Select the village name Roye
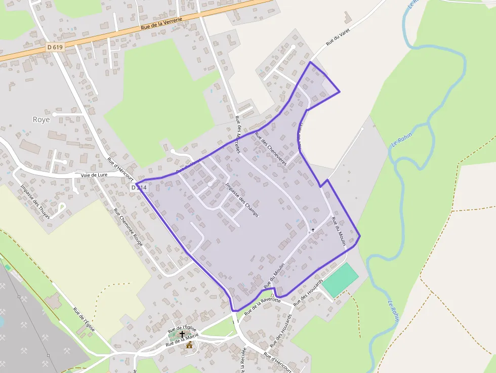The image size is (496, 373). point(41,120)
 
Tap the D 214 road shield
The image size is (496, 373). point(139,187)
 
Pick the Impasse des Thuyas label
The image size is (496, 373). point(35,201)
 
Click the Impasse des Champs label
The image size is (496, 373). point(242,199)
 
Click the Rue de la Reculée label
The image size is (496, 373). point(243,360)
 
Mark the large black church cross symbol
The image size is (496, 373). point(182,335)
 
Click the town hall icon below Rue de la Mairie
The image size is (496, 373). point(189,346)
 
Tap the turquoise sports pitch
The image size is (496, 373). point(340,280)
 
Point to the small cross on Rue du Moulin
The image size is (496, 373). point(313,230)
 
